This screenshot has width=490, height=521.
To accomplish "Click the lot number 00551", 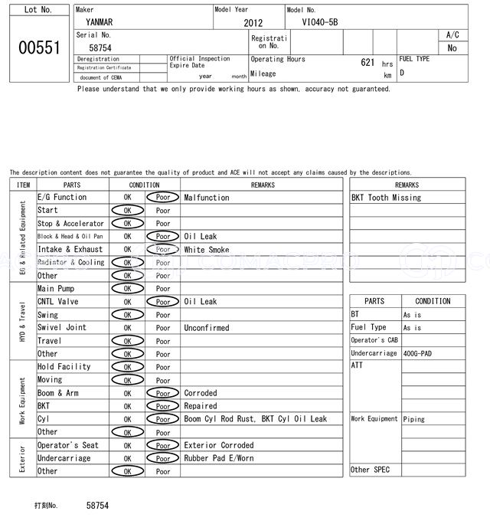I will click(x=39, y=48).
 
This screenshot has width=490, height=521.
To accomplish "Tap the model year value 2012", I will click(x=253, y=23).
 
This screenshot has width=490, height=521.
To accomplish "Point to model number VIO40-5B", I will click(x=320, y=22).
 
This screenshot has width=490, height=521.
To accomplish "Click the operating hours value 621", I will click(x=367, y=62).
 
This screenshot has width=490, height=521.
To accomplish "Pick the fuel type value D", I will click(x=402, y=74).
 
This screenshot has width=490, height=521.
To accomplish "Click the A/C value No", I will click(x=452, y=48).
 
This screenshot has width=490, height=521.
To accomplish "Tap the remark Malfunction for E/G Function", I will click(x=206, y=198).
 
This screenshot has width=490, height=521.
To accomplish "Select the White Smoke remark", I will click(x=206, y=250).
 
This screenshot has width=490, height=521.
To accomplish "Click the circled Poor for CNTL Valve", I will click(x=162, y=302).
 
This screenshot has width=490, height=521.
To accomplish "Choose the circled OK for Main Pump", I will click(x=127, y=289).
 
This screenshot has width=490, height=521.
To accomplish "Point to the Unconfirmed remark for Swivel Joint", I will click(x=206, y=328).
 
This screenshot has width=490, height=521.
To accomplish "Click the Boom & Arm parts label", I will click(x=57, y=393).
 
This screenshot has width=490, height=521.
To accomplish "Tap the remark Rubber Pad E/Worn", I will click(x=218, y=458).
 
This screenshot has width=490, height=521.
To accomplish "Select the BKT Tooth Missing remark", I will click(x=386, y=198).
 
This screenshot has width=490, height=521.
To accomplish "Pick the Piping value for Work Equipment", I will click(x=414, y=419).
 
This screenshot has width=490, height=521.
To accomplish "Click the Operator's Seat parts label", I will click(x=67, y=445).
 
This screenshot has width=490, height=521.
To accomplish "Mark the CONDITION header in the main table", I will click(x=144, y=185).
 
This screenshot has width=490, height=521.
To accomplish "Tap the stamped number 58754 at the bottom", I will click(x=97, y=506).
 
